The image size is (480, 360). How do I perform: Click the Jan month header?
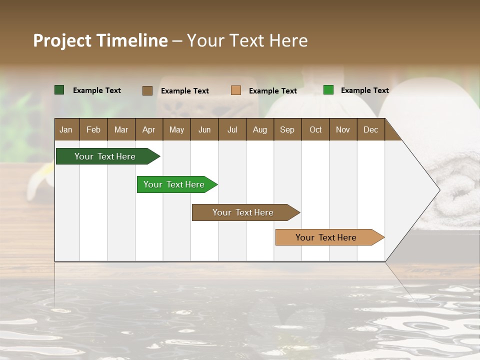point(66,129)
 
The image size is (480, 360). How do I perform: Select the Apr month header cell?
point(149,129)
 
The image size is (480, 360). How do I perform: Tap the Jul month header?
point(232,129)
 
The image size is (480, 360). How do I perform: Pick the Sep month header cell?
point(287,129)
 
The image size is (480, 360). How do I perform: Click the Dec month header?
point(370,129)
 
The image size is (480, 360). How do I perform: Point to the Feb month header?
point(93,129)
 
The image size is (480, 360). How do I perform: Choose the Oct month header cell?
point(315,129)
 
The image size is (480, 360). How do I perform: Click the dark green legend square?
point(59,90)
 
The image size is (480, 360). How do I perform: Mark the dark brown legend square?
point(147,90)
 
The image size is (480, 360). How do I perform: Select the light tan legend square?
point(236,90)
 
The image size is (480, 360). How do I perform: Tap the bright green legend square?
point(328,90)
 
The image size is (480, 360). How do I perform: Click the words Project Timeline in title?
point(100,40)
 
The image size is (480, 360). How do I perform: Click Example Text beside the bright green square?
point(365,90)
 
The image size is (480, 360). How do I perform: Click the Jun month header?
point(204,129)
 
